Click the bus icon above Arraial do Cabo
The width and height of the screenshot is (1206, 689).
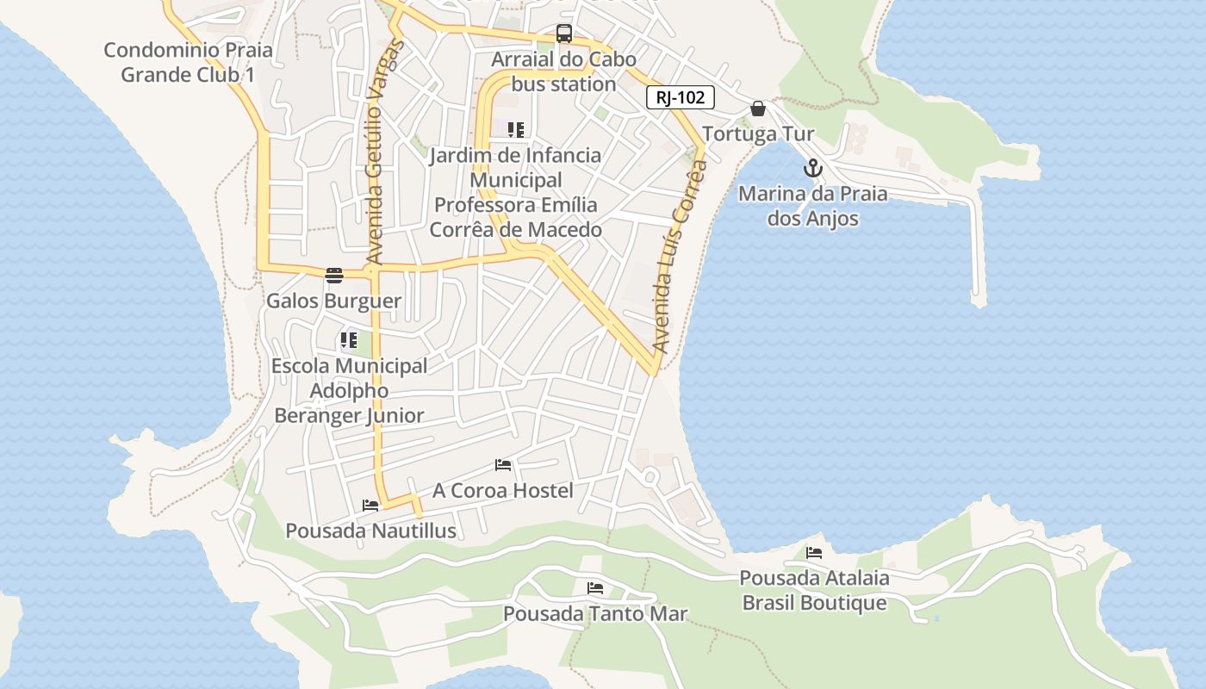tap(564, 34)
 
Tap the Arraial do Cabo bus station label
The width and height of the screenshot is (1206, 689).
tap(563, 72)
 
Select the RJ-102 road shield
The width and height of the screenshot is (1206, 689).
tap(681, 97)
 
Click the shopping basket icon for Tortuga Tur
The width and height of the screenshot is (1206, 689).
tap(758, 109)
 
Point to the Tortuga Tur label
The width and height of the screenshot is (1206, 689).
tap(758, 134)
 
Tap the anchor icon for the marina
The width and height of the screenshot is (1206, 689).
tap(812, 169)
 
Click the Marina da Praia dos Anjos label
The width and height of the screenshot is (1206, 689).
tap(812, 206)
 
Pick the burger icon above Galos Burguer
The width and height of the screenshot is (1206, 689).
tap(334, 276)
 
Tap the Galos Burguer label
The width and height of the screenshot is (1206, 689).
tap(333, 301)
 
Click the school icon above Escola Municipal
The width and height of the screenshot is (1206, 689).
tap(348, 340)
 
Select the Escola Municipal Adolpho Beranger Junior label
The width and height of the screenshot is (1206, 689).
tap(349, 390)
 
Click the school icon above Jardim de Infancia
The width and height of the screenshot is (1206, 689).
tap(516, 130)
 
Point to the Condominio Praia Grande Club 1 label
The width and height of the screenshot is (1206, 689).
tap(188, 62)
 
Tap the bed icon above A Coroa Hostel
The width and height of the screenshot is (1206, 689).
tap(503, 465)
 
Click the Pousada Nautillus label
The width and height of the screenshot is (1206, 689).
tap(370, 531)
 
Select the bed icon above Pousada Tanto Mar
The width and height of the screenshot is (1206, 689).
tap(595, 588)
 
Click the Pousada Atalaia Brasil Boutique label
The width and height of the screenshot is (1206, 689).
tap(814, 590)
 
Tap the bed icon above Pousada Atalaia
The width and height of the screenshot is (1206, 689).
tap(814, 552)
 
